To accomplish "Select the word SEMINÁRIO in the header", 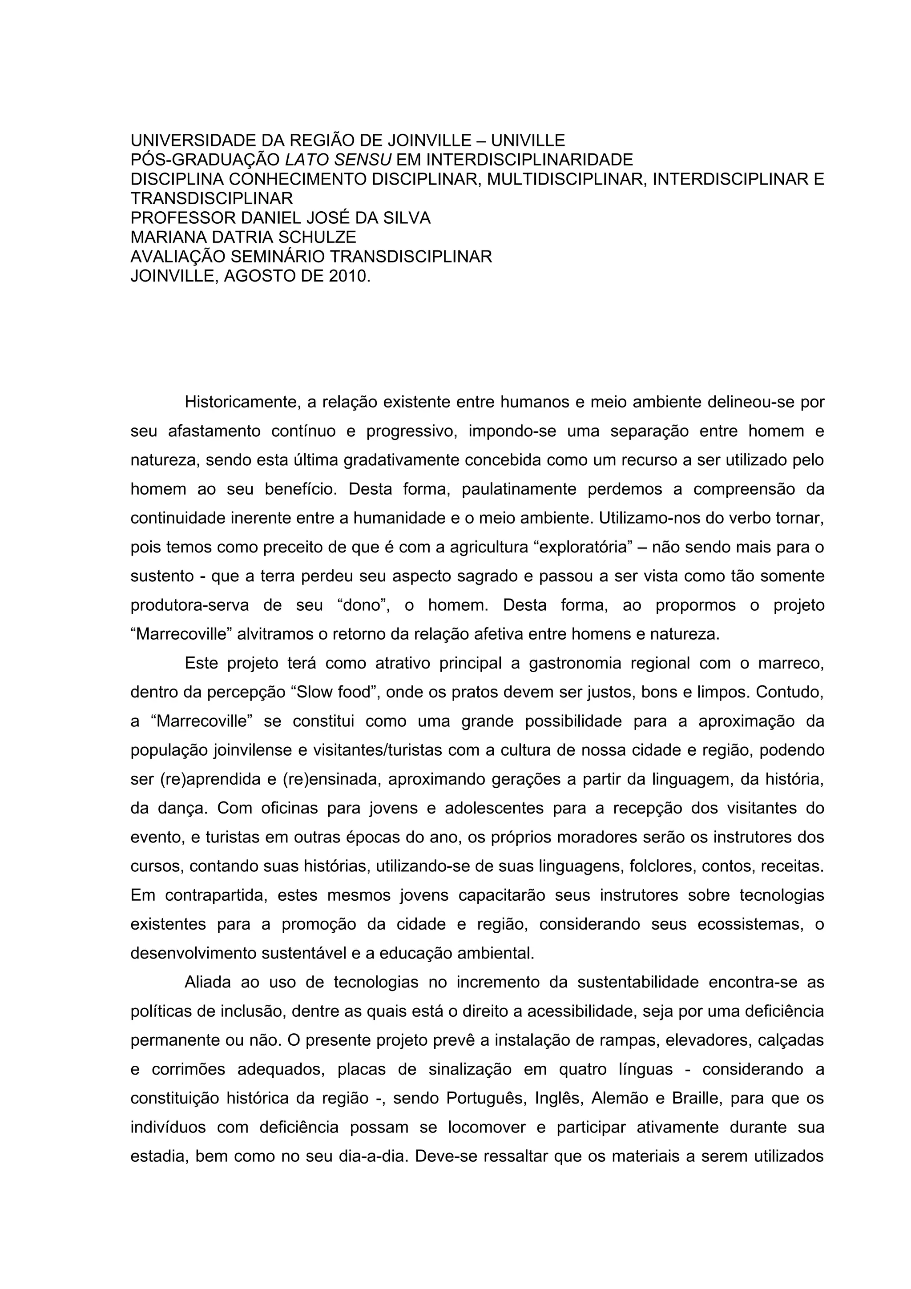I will (278, 257).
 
